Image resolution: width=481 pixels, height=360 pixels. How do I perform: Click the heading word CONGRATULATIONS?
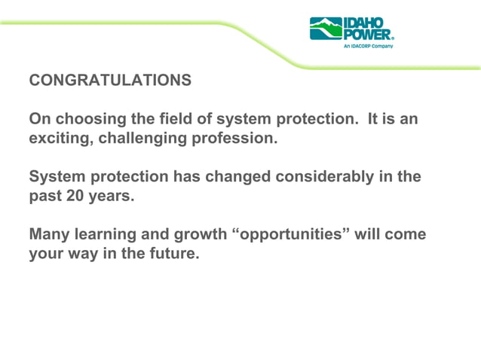[110, 80]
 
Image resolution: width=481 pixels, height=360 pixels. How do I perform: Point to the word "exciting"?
[57, 139]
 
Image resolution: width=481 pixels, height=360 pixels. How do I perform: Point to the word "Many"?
[47, 235]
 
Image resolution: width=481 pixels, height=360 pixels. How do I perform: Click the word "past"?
[46, 197]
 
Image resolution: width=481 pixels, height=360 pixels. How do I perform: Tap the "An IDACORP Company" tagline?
[368, 45]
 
